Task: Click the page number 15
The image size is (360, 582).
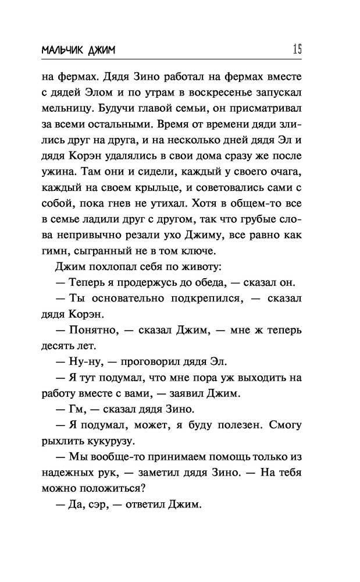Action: (x=297, y=49)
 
